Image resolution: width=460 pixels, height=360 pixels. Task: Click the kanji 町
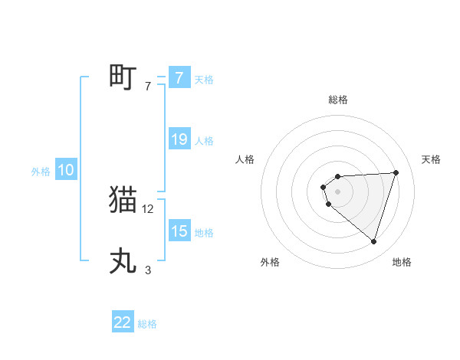tap(123, 77)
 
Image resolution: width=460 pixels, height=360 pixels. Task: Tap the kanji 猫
tap(123, 200)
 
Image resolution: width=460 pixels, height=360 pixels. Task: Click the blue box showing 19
tap(179, 139)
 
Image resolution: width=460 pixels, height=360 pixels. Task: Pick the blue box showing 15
tap(179, 231)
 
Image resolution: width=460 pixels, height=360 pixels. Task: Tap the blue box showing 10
tap(66, 171)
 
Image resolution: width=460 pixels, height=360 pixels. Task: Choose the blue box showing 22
tap(123, 322)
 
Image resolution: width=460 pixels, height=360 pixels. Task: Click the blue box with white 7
tap(179, 78)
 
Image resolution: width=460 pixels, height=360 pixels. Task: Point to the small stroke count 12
tap(148, 208)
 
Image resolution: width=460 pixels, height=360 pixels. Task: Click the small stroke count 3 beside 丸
tap(148, 270)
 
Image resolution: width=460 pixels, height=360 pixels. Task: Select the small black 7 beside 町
tap(148, 86)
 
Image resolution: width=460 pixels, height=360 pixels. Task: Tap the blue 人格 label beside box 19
tap(204, 141)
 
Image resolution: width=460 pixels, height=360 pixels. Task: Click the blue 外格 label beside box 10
tap(41, 172)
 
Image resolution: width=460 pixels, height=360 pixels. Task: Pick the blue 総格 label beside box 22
tap(147, 324)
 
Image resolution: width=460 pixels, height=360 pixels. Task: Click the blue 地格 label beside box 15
tap(204, 233)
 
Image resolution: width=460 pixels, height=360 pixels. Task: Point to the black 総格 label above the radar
tap(337, 100)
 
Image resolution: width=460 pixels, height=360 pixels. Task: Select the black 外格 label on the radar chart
tap(270, 262)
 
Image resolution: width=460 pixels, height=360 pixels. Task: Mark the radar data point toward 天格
tap(396, 172)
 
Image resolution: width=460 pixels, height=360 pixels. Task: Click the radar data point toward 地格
tap(373, 241)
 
